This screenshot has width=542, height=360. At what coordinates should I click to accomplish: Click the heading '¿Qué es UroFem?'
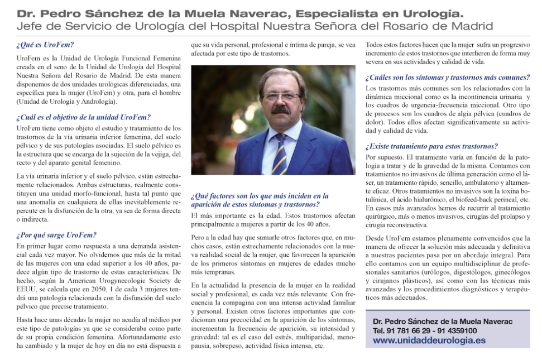click(45, 45)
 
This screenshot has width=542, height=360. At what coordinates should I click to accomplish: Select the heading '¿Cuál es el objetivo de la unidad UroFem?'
click(83, 117)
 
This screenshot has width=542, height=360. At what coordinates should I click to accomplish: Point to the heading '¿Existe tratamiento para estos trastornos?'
click(431, 147)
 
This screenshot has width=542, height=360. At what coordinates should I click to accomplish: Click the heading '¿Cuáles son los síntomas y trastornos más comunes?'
click(448, 78)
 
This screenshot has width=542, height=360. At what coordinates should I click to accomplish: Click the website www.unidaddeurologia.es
click(429, 340)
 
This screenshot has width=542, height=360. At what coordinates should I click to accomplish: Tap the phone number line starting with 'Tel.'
click(424, 330)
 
